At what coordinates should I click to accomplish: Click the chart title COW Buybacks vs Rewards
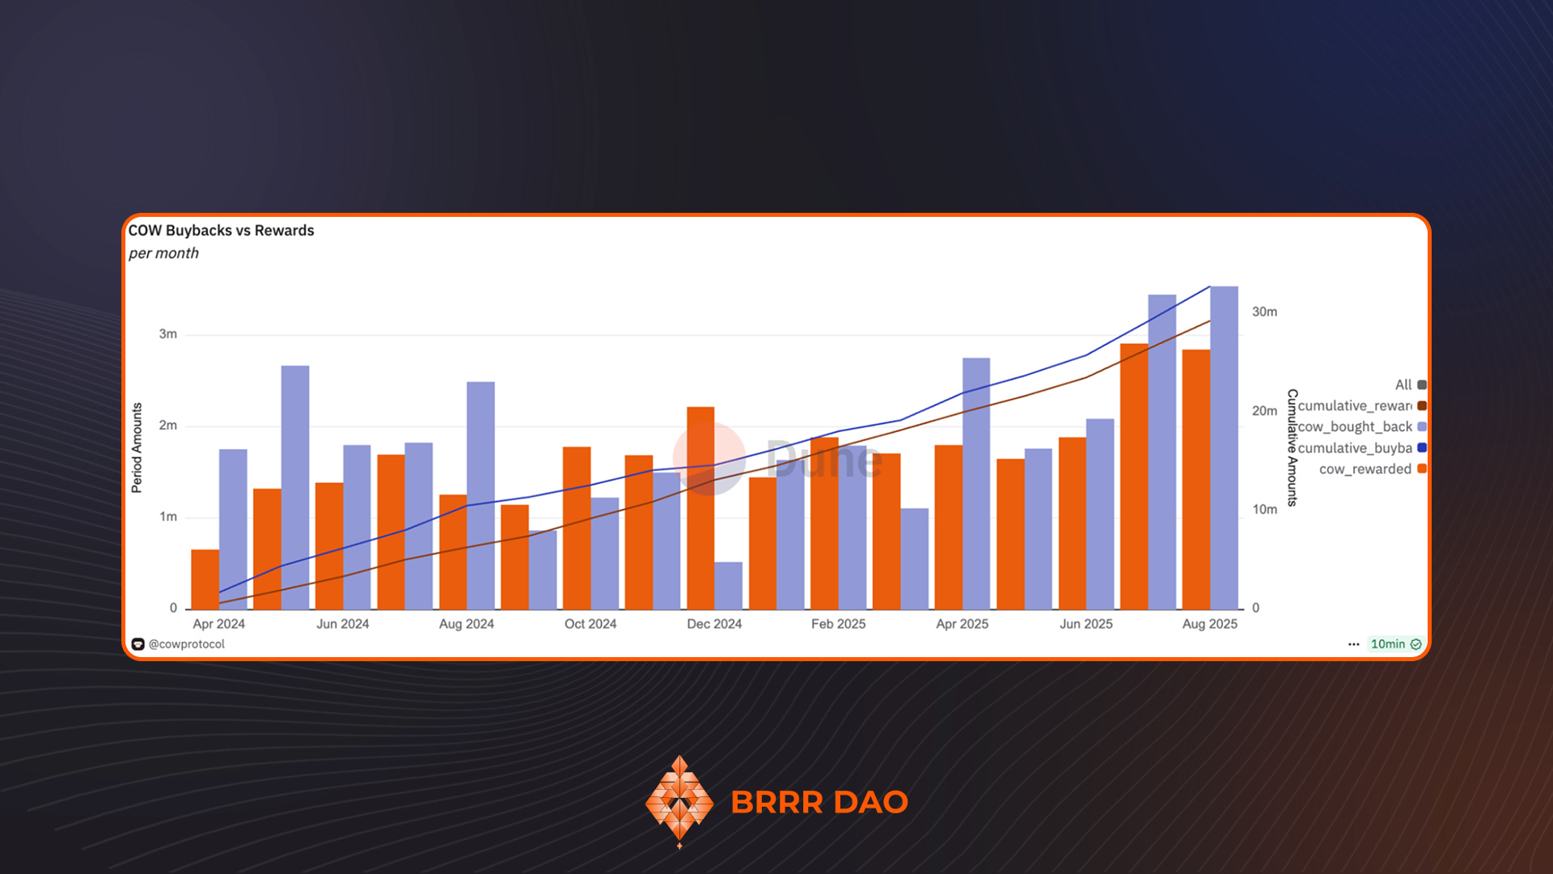[221, 231]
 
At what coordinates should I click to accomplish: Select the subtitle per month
[163, 253]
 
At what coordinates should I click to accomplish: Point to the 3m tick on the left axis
[167, 334]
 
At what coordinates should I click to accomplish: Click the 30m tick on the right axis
[1264, 312]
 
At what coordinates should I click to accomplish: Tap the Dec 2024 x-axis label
[714, 624]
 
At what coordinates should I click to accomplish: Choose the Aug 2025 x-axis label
[1209, 624]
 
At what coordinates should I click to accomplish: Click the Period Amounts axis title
[137, 448]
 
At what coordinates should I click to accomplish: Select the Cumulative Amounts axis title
[1292, 448]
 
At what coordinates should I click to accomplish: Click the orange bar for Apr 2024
[205, 579]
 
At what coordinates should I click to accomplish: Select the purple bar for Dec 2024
[728, 586]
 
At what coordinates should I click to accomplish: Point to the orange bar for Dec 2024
[700, 508]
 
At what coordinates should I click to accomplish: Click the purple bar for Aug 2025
[1224, 448]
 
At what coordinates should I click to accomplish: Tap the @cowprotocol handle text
[186, 644]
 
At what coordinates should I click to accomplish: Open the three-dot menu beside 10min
[1353, 644]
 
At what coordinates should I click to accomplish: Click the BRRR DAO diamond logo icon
[679, 801]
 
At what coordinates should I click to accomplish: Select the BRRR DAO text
[819, 802]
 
